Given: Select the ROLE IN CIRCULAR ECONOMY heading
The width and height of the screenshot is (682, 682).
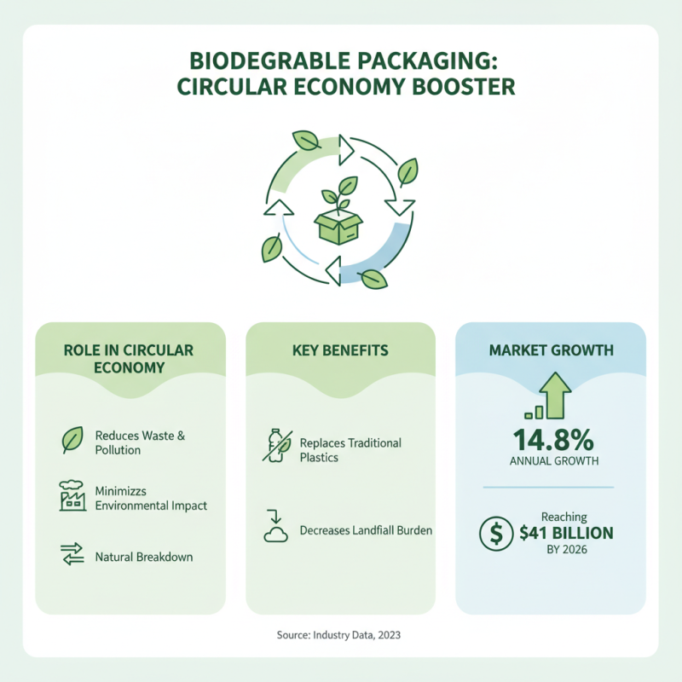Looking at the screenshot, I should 129,359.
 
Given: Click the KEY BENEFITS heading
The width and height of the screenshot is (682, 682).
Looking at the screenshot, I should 340,350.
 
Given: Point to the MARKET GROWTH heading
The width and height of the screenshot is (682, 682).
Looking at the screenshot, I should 550,350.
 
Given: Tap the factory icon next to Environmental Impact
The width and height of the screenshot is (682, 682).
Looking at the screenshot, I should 72,496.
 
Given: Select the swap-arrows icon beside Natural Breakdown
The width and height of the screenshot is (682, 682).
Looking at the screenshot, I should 72,556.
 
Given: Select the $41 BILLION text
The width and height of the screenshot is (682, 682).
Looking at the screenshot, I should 566,534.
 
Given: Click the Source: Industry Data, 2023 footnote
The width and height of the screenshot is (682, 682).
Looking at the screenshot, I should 340,635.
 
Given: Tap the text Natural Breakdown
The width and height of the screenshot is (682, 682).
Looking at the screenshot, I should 144,557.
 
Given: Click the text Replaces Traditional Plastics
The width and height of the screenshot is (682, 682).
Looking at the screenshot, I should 350,450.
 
